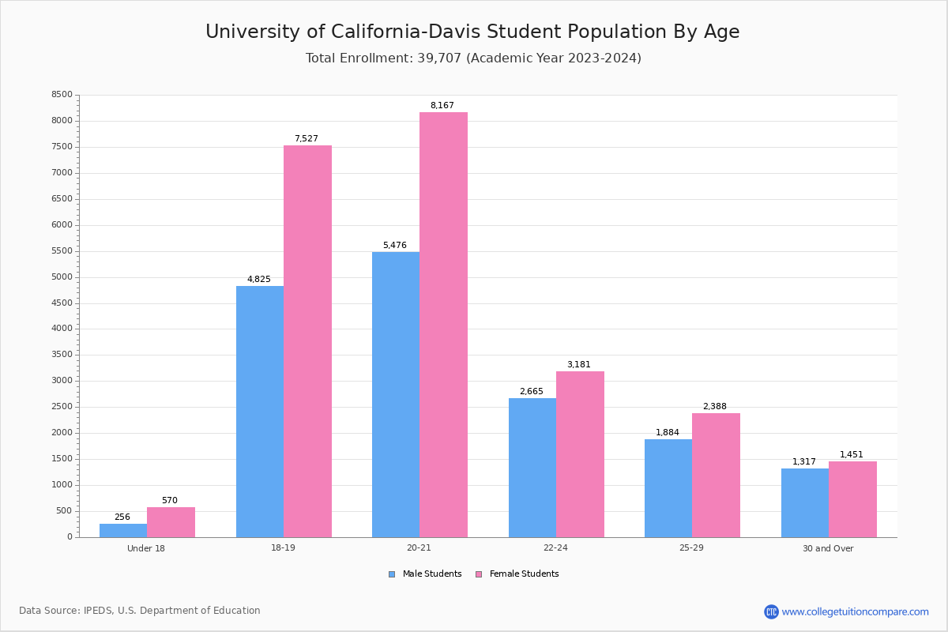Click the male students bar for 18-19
(x=260, y=411)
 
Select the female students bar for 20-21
(x=443, y=324)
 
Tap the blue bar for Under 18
(x=123, y=530)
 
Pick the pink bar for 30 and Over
(x=852, y=499)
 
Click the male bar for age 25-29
(x=668, y=488)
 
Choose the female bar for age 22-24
(x=580, y=454)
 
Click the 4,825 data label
(x=259, y=280)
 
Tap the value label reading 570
(x=170, y=501)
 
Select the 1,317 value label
(x=804, y=462)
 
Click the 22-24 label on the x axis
(x=555, y=548)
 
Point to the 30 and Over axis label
(x=828, y=548)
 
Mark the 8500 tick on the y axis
(x=62, y=95)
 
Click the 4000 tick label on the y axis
(x=62, y=329)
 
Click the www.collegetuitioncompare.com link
(x=855, y=611)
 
